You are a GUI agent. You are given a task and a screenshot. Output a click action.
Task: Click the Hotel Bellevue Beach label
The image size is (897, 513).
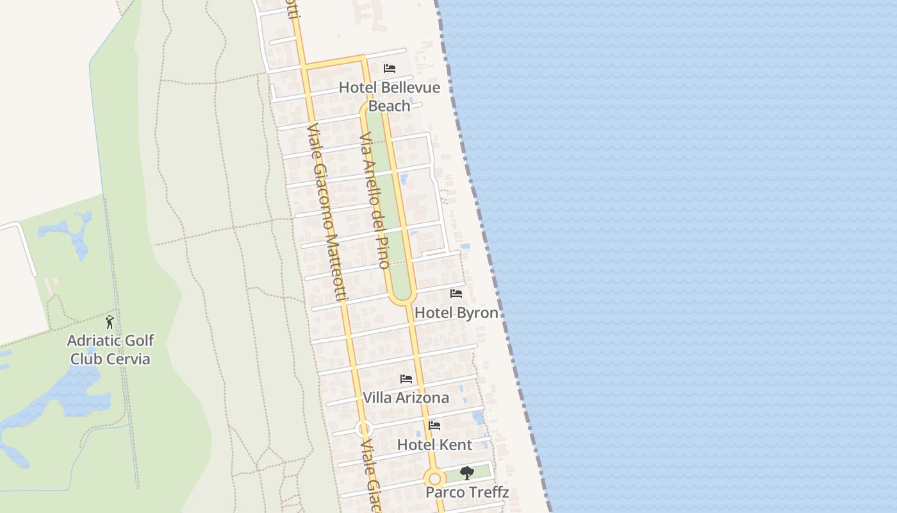(389, 96)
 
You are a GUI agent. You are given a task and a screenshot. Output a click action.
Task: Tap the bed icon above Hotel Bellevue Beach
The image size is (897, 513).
(390, 69)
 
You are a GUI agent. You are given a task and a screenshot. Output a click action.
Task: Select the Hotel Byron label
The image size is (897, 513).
(456, 313)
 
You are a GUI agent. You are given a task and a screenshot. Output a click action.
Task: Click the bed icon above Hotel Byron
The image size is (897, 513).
(456, 294)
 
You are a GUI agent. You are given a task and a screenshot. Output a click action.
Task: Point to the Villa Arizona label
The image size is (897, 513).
(406, 398)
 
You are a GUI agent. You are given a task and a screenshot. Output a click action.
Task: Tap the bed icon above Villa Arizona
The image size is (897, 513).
(406, 379)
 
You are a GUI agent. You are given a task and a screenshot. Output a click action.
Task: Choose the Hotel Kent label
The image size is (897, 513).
(434, 445)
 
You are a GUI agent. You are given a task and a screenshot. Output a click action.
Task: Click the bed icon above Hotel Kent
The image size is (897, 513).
(434, 426)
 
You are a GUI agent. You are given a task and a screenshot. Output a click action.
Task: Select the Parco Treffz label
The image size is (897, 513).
(467, 492)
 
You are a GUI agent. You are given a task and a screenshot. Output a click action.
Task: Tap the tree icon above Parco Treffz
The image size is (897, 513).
(467, 473)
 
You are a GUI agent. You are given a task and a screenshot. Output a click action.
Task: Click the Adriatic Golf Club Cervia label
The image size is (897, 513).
(110, 349)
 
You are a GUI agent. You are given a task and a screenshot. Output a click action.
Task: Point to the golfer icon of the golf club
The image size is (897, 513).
(110, 321)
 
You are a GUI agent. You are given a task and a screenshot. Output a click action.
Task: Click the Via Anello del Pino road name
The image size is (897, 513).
(375, 200)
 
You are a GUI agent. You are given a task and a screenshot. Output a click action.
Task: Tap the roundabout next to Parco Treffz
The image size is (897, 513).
(435, 478)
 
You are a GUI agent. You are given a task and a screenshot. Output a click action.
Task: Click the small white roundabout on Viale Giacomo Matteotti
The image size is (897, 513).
(364, 428)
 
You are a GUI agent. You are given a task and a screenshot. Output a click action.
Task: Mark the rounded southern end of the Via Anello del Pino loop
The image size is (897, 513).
(402, 298)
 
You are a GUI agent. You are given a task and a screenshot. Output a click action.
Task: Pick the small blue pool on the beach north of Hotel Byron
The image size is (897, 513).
(465, 246)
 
